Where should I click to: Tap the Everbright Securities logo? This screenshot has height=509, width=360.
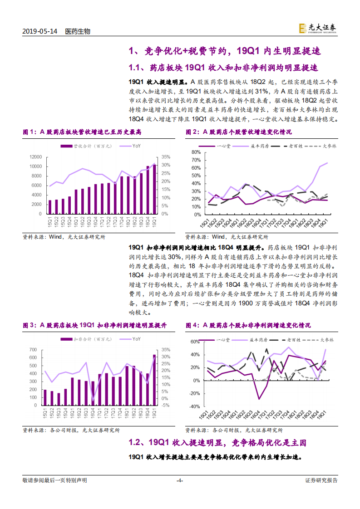318,29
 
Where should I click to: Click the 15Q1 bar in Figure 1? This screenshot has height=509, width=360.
50,207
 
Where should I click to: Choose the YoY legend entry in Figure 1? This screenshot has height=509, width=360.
136,146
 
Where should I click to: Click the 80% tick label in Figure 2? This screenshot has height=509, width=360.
196,152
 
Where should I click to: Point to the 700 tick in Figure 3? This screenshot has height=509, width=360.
33,350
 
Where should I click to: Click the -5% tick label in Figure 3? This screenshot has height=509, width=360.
165,405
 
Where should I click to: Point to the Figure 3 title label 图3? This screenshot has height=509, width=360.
30,326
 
